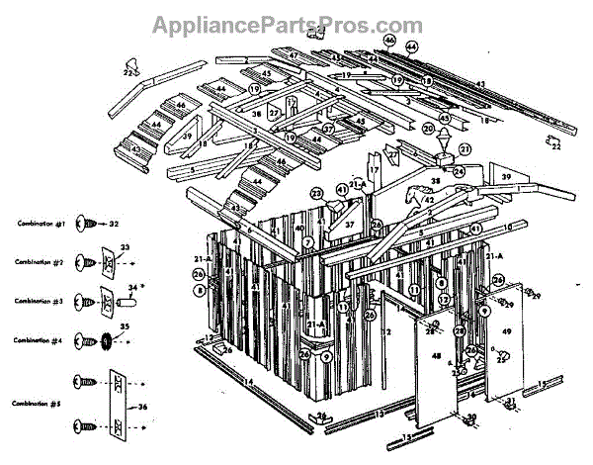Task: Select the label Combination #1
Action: coord(41,226)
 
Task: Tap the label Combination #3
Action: coord(41,298)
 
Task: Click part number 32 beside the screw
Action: coord(115,225)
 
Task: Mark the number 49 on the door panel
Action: coord(505,336)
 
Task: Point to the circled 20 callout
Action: coord(427,129)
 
